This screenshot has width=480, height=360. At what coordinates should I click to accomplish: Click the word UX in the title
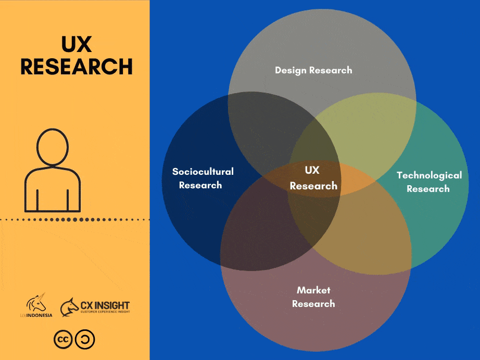pyautogui.click(x=76, y=45)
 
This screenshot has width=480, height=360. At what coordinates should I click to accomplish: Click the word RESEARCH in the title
pyautogui.click(x=76, y=67)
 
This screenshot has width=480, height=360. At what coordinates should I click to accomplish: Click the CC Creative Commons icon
pyautogui.click(x=63, y=339)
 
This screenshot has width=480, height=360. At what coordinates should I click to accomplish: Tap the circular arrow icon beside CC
pyautogui.click(x=85, y=339)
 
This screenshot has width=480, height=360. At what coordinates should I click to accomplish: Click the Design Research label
pyautogui.click(x=313, y=70)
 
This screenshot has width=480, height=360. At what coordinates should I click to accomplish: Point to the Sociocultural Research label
pyautogui.click(x=203, y=178)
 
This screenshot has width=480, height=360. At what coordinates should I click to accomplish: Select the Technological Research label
pyautogui.click(x=428, y=182)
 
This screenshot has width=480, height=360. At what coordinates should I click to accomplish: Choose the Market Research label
pyautogui.click(x=313, y=297)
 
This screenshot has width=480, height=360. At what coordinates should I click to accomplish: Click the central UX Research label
pyautogui.click(x=313, y=178)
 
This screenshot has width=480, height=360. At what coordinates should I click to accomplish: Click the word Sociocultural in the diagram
pyautogui.click(x=203, y=171)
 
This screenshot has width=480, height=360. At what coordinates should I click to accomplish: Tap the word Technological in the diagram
pyautogui.click(x=429, y=175)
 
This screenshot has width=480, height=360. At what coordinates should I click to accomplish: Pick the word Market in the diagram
pyautogui.click(x=313, y=290)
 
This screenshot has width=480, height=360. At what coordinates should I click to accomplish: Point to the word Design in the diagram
pyautogui.click(x=290, y=70)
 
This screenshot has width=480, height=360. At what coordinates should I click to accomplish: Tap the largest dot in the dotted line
pyautogui.click(x=75, y=220)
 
